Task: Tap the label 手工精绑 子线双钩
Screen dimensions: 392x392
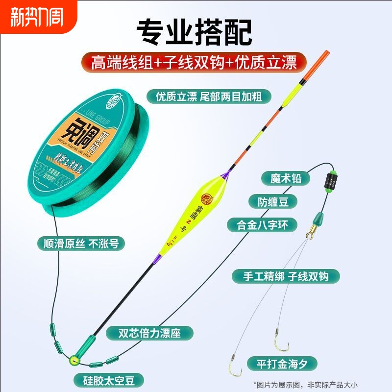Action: tap(286, 276)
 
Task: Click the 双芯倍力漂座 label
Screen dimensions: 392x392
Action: tap(150, 334)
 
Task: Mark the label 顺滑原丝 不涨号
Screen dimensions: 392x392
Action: tap(81, 243)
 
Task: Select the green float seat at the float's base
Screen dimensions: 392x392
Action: tap(87, 342)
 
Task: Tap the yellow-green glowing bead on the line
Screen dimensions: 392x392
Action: tap(74, 361)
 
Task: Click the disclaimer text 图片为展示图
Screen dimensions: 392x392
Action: tap(321, 383)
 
